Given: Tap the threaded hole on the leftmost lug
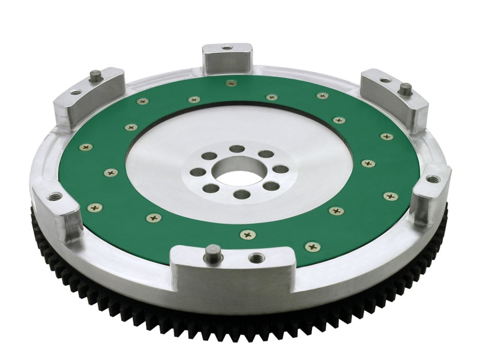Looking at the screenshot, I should click(54, 196).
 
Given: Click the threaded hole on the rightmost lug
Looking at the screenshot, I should click(431, 179).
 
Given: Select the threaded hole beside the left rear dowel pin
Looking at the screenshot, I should click(76, 92).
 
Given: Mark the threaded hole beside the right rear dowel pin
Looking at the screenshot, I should click(385, 79).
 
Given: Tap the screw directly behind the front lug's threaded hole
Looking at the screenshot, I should click(245, 235).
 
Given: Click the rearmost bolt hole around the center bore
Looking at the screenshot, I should click(238, 148).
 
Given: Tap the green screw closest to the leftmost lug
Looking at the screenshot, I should click(95, 207).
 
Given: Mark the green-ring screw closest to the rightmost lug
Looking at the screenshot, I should click(390, 196).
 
